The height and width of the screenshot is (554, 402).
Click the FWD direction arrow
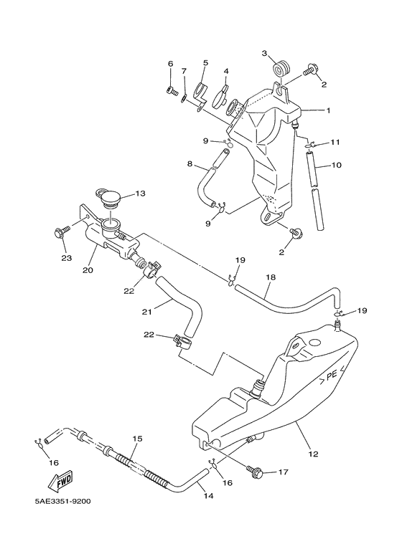point(60,481)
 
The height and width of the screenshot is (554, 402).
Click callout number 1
point(328,110)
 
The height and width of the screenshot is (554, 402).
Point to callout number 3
point(264,53)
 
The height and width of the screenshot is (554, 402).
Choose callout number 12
point(313,454)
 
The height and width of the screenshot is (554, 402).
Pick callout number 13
point(140,194)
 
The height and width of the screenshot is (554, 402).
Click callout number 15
point(137,439)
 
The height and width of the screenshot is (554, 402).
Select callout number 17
point(284,472)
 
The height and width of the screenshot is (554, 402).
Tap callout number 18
point(271,277)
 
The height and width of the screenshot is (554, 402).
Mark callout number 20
point(88,270)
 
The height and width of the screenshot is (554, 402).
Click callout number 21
point(147,312)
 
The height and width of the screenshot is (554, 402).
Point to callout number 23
point(67,258)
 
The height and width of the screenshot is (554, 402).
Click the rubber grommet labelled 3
point(281,68)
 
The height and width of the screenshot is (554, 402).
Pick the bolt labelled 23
point(62,231)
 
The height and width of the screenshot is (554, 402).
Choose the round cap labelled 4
point(220,97)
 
